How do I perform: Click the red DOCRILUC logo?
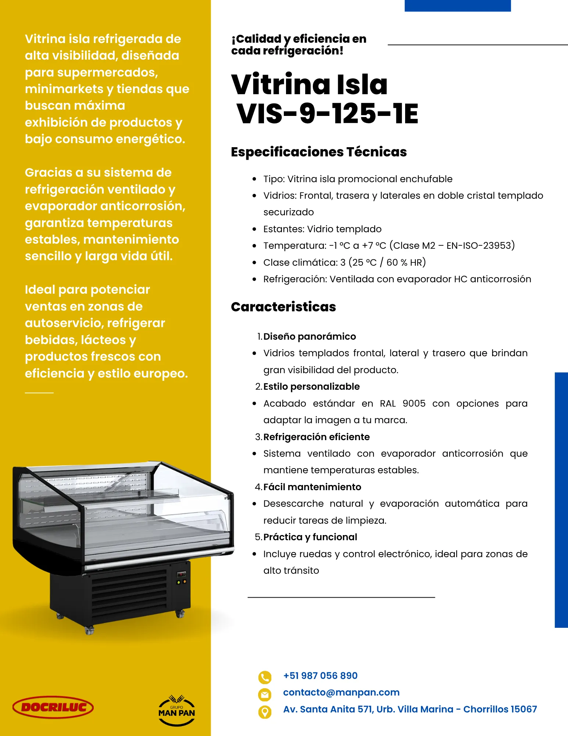pos(53,707)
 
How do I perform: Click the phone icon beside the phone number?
pos(265,677)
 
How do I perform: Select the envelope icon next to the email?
pos(265,694)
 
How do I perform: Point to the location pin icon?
pos(265,712)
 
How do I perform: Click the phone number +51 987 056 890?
pos(320,676)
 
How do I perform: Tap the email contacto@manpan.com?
pos(341,692)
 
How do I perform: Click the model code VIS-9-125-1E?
pos(327,113)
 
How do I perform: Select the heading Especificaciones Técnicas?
pos(319,152)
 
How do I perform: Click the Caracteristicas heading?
pos(283,307)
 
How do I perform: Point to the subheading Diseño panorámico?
pos(310,336)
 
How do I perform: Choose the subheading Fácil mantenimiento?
pos(312,487)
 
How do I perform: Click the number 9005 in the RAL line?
pos(414,403)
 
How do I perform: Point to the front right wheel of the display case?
pos(180,614)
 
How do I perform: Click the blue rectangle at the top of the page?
pos(458,6)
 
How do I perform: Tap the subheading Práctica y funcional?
pos(310,537)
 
